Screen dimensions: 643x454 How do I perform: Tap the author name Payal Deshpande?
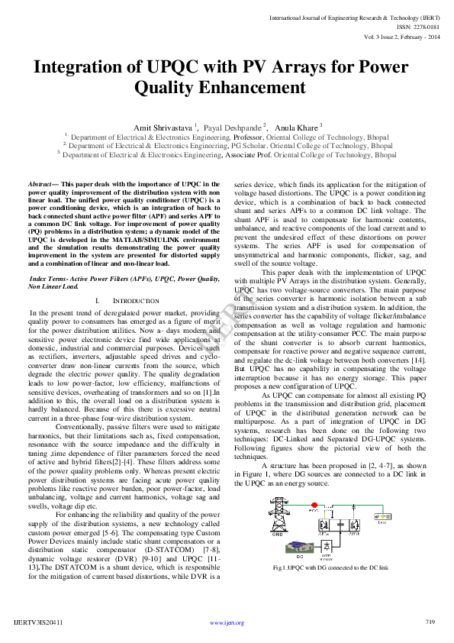click(x=232, y=124)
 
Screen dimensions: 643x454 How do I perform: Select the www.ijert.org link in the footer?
click(x=227, y=623)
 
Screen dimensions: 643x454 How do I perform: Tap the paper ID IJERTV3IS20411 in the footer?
click(x=38, y=623)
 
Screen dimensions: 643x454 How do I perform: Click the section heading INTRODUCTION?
click(x=135, y=302)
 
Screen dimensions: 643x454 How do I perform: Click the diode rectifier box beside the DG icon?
click(x=327, y=546)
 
